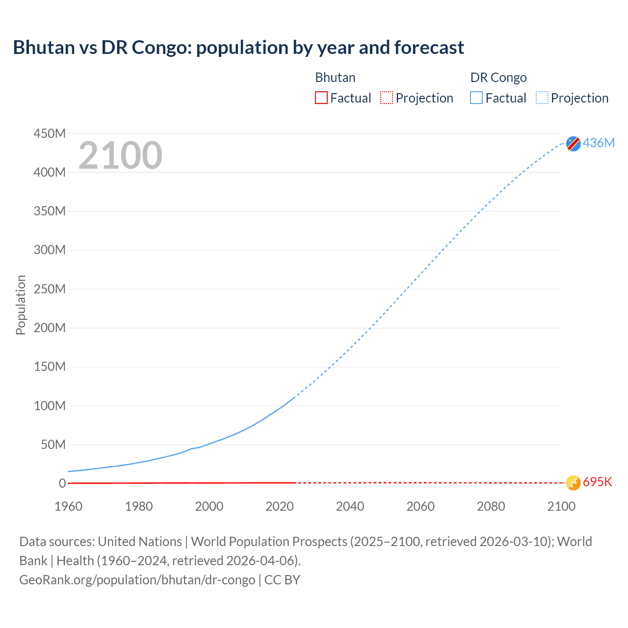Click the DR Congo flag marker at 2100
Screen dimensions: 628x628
point(573,143)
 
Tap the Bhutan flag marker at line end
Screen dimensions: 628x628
point(573,483)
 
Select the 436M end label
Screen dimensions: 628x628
point(599,143)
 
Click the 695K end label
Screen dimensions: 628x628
point(598,482)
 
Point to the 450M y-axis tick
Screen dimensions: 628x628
point(50,133)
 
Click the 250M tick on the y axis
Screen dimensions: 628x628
point(50,289)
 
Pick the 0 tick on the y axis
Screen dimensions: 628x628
point(62,483)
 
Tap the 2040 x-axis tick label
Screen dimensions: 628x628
point(350,506)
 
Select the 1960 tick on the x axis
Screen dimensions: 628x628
point(68,506)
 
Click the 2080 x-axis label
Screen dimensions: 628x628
point(491,506)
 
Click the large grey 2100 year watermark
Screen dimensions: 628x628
point(120,156)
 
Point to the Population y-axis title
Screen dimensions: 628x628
point(21,305)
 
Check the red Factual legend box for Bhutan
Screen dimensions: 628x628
point(321,98)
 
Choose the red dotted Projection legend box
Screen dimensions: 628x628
point(387,98)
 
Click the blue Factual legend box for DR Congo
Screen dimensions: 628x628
point(476,98)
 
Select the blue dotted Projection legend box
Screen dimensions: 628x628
point(542,98)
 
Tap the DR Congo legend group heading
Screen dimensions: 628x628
point(498,78)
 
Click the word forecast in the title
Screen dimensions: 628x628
point(429,48)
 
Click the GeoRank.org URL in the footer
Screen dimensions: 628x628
point(137,579)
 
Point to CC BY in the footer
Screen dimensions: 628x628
point(282,579)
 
